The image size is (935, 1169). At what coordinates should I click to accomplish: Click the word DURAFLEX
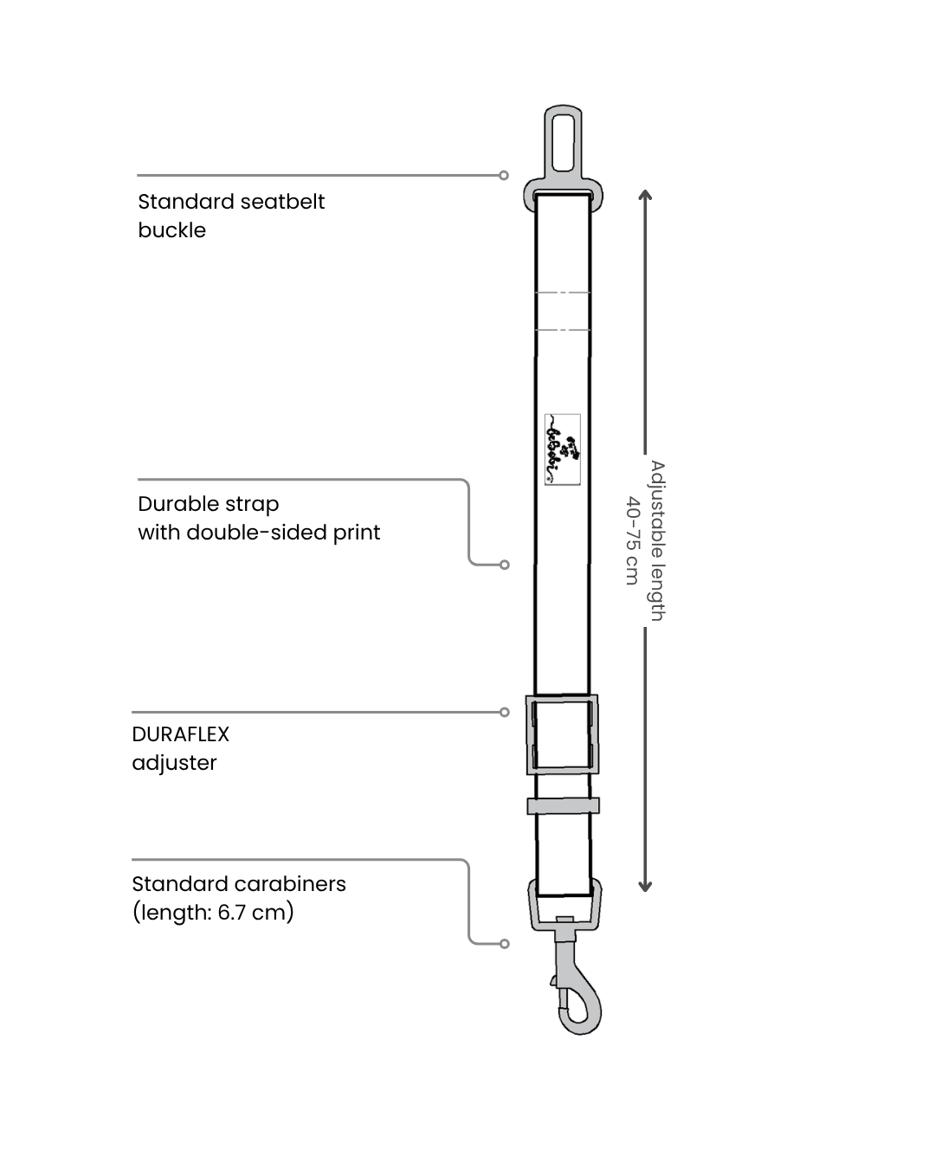pos(180,734)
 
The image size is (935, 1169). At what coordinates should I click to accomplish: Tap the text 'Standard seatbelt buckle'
pos(230,216)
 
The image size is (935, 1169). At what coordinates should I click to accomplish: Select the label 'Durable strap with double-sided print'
pos(258,518)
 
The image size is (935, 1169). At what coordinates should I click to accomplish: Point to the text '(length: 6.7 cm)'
pos(213,913)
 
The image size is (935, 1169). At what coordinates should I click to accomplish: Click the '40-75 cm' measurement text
pos(632,540)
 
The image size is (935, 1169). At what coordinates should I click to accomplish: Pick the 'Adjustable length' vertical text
pos(657,540)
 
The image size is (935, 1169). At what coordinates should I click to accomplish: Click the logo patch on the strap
pos(562,449)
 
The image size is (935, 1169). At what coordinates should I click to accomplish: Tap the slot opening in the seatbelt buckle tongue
pos(563,142)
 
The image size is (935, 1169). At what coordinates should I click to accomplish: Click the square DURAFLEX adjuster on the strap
pos(562,734)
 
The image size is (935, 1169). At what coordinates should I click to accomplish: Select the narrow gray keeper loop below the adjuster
pos(563,806)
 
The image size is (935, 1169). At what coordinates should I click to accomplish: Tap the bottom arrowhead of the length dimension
pos(645,886)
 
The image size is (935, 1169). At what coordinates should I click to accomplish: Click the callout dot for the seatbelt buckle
pos(504,175)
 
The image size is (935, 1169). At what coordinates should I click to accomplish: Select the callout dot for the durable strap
pos(505,565)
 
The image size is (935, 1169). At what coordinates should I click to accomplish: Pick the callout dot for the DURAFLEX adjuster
pos(505,713)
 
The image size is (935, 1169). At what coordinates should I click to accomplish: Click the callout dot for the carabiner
pos(505,943)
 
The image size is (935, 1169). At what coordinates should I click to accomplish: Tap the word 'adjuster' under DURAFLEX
pos(174,763)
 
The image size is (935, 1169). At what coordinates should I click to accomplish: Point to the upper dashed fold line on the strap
pos(563,293)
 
